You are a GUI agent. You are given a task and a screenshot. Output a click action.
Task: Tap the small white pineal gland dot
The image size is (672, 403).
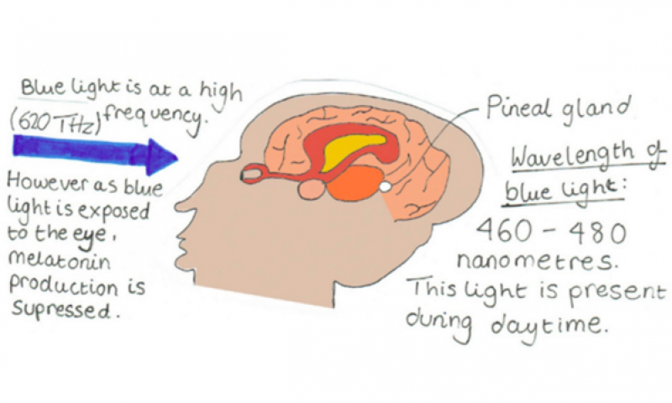click(386, 186)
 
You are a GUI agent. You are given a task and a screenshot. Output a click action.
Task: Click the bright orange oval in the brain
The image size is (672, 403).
click(356, 183)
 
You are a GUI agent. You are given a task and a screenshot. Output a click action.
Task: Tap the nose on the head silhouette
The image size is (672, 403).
click(184, 207)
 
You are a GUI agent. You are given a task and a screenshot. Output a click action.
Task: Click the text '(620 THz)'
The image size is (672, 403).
click(55, 123)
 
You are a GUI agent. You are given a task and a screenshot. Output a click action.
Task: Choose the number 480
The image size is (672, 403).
click(598, 233)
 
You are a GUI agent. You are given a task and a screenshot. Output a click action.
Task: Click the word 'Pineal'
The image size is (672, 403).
click(517, 107)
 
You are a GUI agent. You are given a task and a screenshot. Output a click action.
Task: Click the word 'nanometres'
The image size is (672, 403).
click(537, 260)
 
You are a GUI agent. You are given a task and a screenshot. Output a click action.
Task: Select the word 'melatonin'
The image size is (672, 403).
click(59, 260)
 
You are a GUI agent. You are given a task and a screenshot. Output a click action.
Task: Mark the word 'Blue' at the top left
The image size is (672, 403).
click(44, 87)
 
